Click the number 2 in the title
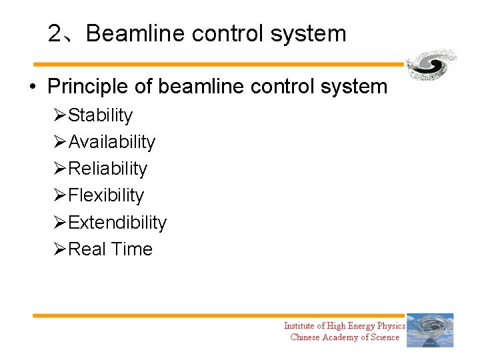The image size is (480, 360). click(55, 33)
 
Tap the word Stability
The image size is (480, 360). click(100, 115)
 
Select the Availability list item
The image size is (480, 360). click(111, 142)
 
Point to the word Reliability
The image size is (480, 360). click(107, 169)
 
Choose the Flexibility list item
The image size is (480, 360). click(106, 195)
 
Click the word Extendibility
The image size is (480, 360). click(117, 222)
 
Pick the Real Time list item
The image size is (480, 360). click(110, 249)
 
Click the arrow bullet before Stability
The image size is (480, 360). click(59, 115)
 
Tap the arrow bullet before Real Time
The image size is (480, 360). click(59, 249)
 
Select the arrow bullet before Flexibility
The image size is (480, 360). click(59, 195)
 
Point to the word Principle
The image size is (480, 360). click(88, 87)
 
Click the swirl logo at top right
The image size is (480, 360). click(431, 65)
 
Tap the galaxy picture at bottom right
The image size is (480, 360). click(430, 330)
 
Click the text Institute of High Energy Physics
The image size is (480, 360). click(344, 326)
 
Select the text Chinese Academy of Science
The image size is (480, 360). click(345, 337)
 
